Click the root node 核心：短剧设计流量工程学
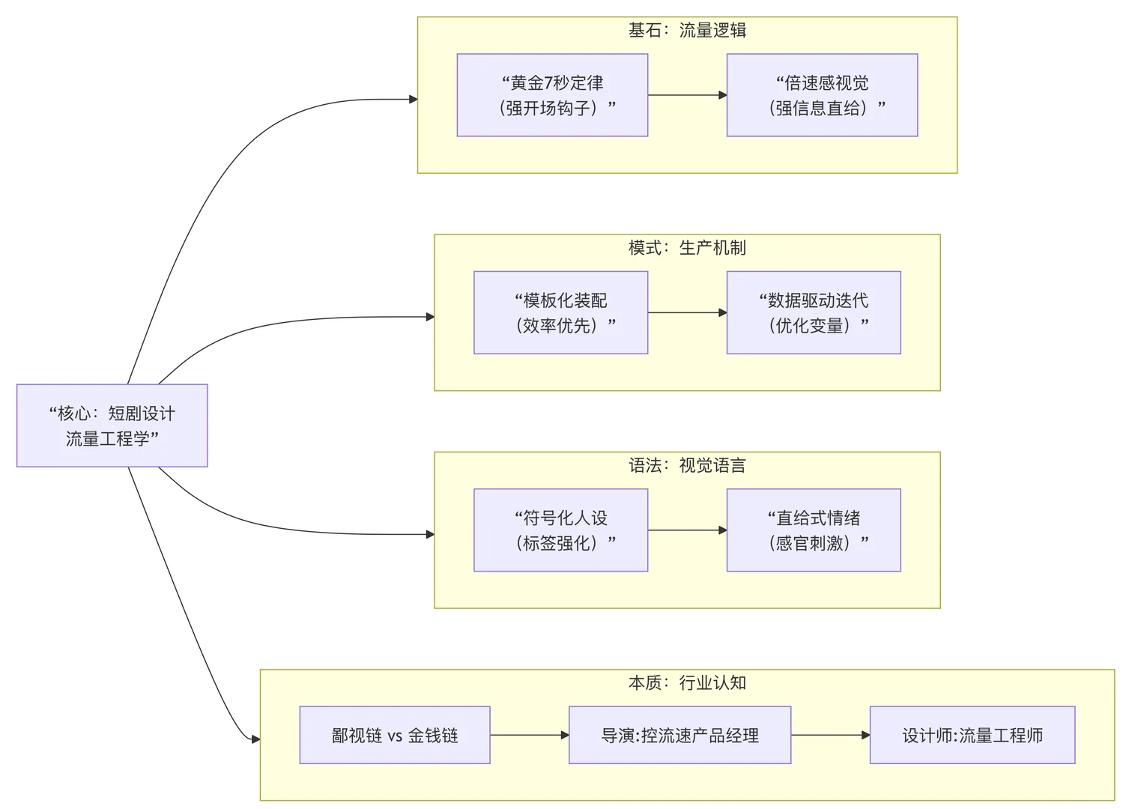tap(112, 425)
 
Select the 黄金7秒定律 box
tap(552, 95)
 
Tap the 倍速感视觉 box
tap(822, 95)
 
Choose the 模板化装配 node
tap(560, 312)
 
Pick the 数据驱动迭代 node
tap(814, 312)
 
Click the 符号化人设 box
tap(560, 530)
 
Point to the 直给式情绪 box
tap(814, 530)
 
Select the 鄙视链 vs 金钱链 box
tap(395, 735)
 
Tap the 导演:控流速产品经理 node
tap(679, 735)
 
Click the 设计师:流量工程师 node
tap(972, 735)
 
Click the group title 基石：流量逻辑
tap(687, 30)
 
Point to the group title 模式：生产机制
tap(687, 247)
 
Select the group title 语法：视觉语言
tap(687, 465)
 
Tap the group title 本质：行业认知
tap(687, 682)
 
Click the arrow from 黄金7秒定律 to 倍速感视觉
tap(687, 95)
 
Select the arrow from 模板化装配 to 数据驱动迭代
tap(687, 312)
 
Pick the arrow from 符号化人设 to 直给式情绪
tap(687, 530)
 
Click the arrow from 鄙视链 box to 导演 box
tap(530, 735)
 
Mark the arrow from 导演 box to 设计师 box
tap(830, 735)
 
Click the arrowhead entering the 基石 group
tap(413, 99)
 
